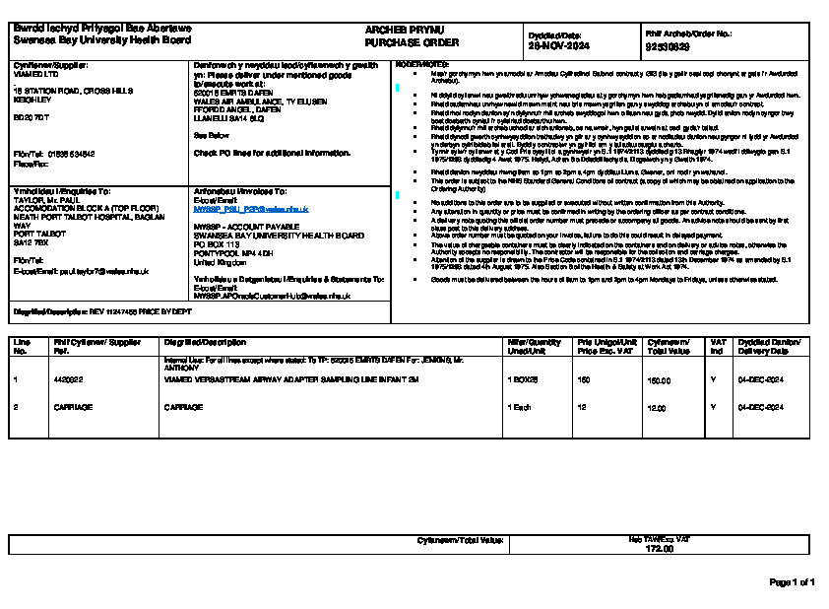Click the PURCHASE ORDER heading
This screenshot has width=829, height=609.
398,44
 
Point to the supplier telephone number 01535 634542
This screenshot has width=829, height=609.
68,154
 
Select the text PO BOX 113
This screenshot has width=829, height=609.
217,244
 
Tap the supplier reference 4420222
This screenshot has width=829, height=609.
67,379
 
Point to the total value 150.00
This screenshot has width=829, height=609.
658,379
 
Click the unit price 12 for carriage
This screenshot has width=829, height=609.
581,407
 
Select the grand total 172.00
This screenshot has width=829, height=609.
659,548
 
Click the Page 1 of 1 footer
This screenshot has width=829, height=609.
791,582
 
